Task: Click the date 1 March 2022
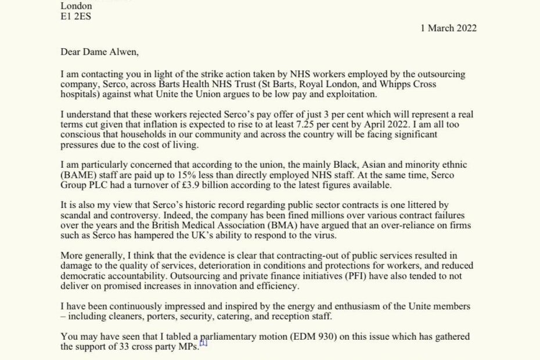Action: (449, 28)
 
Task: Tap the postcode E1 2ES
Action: (75, 16)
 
